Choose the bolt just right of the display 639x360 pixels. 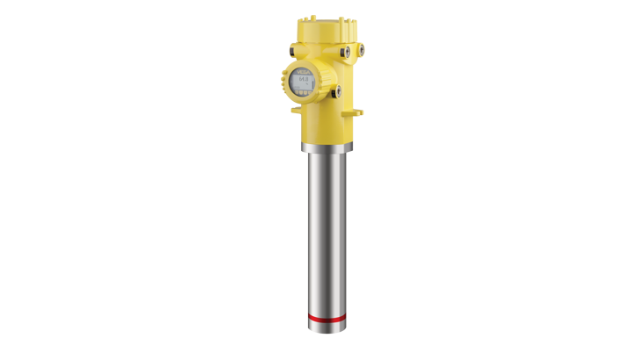(x=337, y=90)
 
